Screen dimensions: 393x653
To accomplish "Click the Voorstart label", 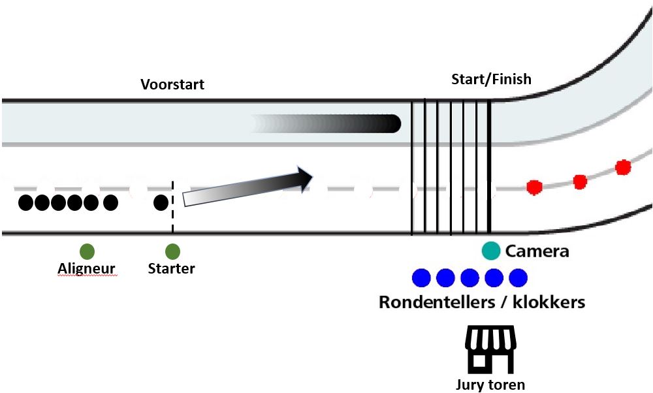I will tap(173, 84).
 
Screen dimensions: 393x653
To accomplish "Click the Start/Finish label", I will tap(491, 79).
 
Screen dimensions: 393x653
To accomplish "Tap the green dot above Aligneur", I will tap(87, 251).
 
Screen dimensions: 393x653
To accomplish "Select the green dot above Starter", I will tap(172, 251).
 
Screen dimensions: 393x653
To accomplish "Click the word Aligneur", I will tap(86, 268).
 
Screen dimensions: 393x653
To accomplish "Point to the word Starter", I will tap(171, 268).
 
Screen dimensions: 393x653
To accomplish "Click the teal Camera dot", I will tap(490, 250).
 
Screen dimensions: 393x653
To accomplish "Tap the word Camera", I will tap(537, 251).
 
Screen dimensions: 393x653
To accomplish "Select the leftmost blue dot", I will tap(421, 278).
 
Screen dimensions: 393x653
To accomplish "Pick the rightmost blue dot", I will tap(518, 278).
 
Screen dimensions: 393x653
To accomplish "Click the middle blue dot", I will tap(470, 278).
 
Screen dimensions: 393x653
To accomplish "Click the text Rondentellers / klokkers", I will tap(482, 302).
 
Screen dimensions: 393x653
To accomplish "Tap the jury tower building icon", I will tap(490, 348).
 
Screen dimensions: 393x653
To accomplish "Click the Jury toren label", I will tap(490, 384).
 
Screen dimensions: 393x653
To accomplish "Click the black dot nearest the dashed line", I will tap(161, 202).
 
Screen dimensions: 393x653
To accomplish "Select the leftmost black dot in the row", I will tap(26, 203).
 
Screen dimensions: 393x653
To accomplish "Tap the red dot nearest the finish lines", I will tap(534, 187).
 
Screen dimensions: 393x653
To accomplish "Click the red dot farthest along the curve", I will tap(623, 166).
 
